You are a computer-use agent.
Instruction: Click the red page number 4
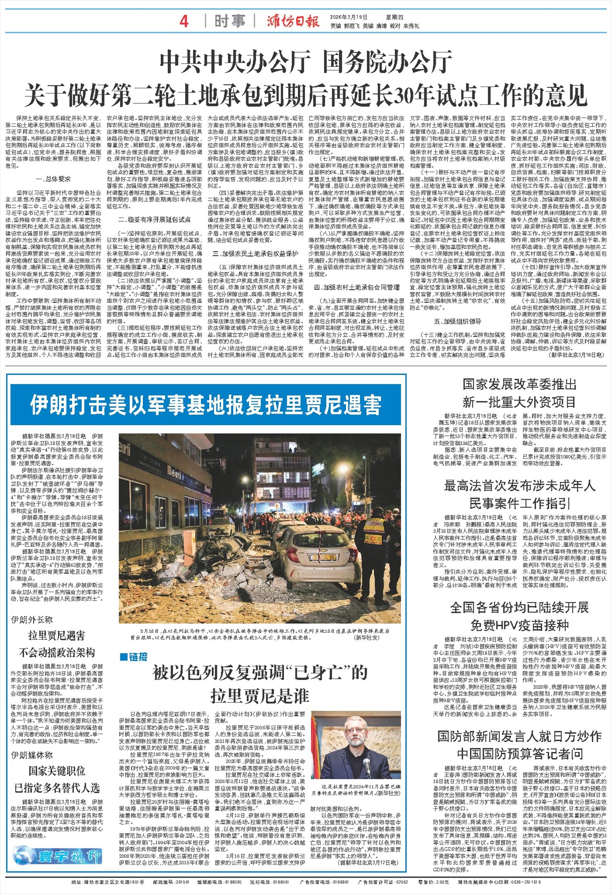click(184, 21)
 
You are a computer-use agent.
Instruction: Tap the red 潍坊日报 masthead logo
click(293, 21)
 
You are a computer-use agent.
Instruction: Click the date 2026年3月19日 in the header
click(349, 17)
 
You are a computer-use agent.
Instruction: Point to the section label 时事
click(230, 21)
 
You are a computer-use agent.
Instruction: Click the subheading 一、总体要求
click(53, 179)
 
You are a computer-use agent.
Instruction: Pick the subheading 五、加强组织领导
click(457, 321)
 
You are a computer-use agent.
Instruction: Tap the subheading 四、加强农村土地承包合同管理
click(357, 287)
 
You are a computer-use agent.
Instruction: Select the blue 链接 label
click(133, 657)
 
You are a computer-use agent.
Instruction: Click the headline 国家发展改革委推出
click(519, 384)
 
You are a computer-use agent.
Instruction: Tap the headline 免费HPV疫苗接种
click(519, 625)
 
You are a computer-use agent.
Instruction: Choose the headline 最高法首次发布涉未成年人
click(519, 486)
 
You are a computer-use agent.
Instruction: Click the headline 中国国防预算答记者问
click(519, 754)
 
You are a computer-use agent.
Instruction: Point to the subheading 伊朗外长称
click(32, 620)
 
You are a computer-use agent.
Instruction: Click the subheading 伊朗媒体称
click(32, 755)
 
